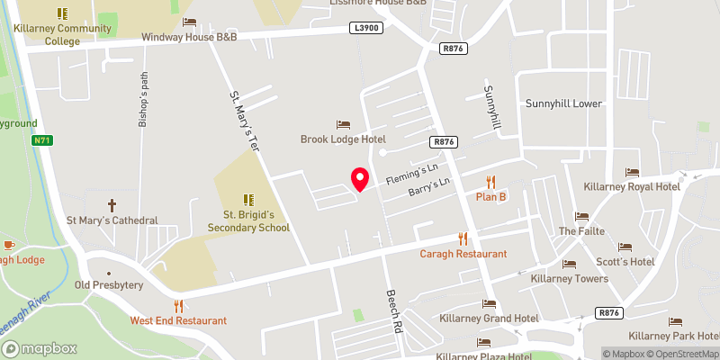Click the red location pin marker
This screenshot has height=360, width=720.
(x=359, y=178)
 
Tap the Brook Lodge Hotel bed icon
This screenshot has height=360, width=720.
(x=343, y=124)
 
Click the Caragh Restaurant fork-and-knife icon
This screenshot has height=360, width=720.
(x=463, y=238)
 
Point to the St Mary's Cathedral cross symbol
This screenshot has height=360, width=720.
(x=112, y=205)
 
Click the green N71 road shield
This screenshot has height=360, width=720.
(x=41, y=140)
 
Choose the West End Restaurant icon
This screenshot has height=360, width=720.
(x=178, y=306)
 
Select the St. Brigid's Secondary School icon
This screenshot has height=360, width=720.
(x=247, y=199)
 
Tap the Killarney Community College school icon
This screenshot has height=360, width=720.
(x=62, y=13)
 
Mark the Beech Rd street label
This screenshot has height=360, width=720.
(x=392, y=311)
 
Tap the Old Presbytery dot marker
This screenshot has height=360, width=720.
(x=109, y=272)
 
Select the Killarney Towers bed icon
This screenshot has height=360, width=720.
(x=569, y=264)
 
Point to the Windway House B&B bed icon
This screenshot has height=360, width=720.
(x=188, y=22)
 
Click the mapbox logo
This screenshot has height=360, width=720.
(x=40, y=348)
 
